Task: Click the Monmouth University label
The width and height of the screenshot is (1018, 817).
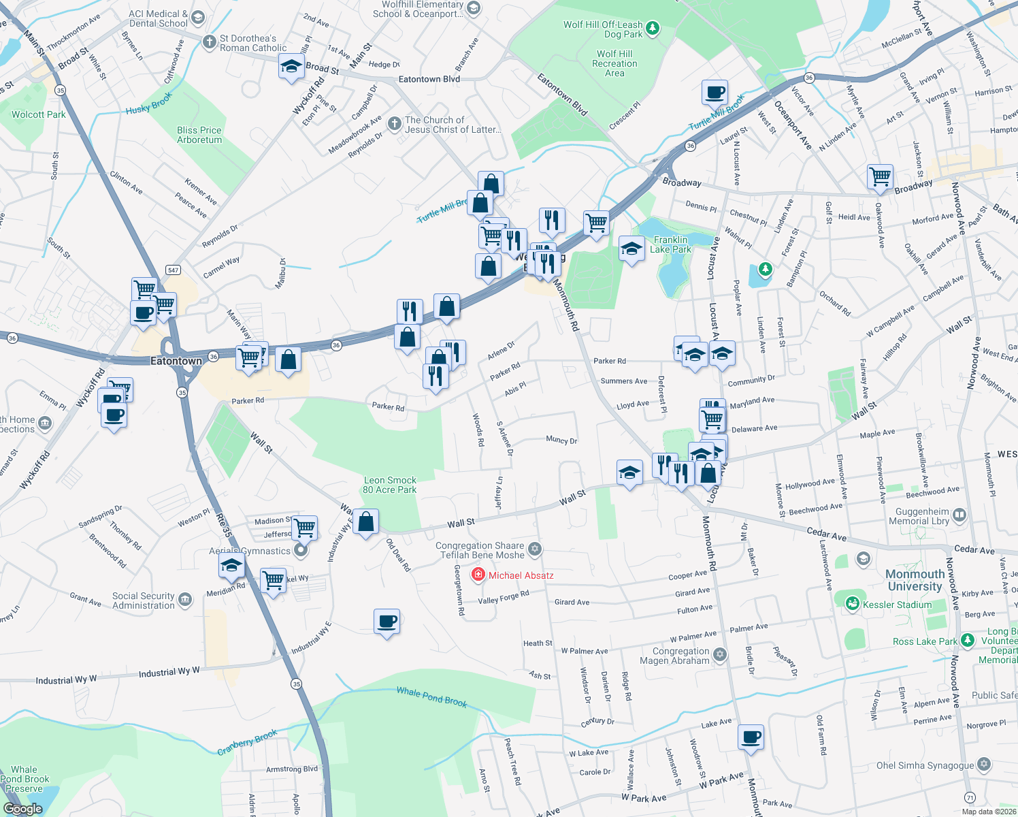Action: click(915, 580)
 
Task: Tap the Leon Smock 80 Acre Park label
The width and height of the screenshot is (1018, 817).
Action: click(389, 485)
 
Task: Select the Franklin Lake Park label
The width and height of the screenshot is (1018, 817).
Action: click(670, 244)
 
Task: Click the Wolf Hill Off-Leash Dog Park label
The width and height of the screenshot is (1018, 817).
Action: click(603, 29)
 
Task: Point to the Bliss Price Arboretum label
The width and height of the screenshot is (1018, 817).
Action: click(199, 135)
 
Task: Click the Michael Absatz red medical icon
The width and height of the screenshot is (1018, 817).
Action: click(478, 575)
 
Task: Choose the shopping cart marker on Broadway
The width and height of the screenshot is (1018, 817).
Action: click(880, 176)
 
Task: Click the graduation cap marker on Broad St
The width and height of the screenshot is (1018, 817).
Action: click(291, 67)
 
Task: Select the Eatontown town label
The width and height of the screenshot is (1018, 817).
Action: click(176, 361)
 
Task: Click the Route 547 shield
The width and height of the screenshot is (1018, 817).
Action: click(174, 270)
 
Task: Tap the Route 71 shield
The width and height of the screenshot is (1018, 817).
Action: click(970, 797)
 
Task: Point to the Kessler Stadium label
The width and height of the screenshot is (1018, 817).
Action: click(897, 605)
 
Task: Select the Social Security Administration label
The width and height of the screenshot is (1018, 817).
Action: click(144, 600)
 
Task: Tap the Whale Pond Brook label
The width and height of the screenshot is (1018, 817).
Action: click(431, 696)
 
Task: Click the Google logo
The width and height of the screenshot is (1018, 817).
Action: click(22, 809)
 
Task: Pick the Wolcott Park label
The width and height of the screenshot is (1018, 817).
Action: click(39, 114)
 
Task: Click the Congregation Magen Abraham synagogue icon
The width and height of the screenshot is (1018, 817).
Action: click(720, 655)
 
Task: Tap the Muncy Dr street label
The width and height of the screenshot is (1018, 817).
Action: click(561, 440)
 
